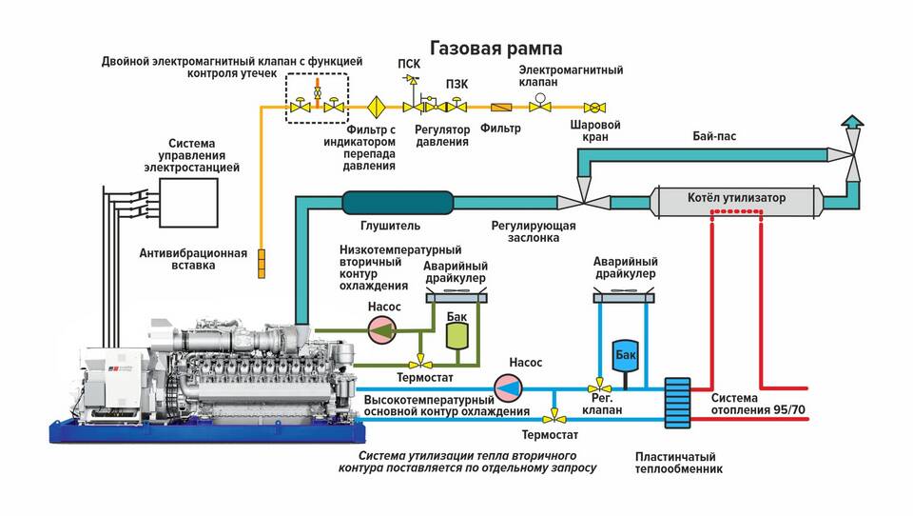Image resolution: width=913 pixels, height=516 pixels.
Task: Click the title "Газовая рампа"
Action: point(496,48)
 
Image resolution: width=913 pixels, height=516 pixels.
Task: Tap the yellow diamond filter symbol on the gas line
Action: point(377,108)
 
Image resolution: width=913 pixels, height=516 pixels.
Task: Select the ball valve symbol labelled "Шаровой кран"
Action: point(594,108)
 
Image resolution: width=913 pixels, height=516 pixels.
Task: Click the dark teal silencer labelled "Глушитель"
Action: point(398,203)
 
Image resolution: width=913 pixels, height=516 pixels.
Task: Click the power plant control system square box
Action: point(188,203)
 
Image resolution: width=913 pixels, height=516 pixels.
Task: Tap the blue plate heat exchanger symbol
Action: point(678,404)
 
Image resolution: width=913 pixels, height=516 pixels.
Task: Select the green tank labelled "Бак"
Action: point(457,336)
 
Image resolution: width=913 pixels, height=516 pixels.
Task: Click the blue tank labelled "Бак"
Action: point(626,355)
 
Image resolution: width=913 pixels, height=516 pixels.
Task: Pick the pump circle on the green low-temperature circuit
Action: point(382,330)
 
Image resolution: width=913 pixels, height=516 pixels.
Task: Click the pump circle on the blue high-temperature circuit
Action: point(508,387)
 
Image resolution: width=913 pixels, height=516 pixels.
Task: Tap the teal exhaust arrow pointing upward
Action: point(852,121)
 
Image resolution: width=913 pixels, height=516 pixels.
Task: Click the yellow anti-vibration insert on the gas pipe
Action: point(262,264)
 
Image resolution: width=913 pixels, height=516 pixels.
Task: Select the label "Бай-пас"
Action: point(714,136)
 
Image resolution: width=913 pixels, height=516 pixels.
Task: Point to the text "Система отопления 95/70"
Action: point(758,404)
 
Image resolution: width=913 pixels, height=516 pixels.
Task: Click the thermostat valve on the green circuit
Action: point(419,364)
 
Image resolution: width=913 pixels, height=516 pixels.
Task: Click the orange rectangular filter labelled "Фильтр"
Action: point(501,108)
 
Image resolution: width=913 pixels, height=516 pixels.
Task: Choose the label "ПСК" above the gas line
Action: point(409,63)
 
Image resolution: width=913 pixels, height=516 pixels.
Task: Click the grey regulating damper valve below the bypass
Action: point(583,203)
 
